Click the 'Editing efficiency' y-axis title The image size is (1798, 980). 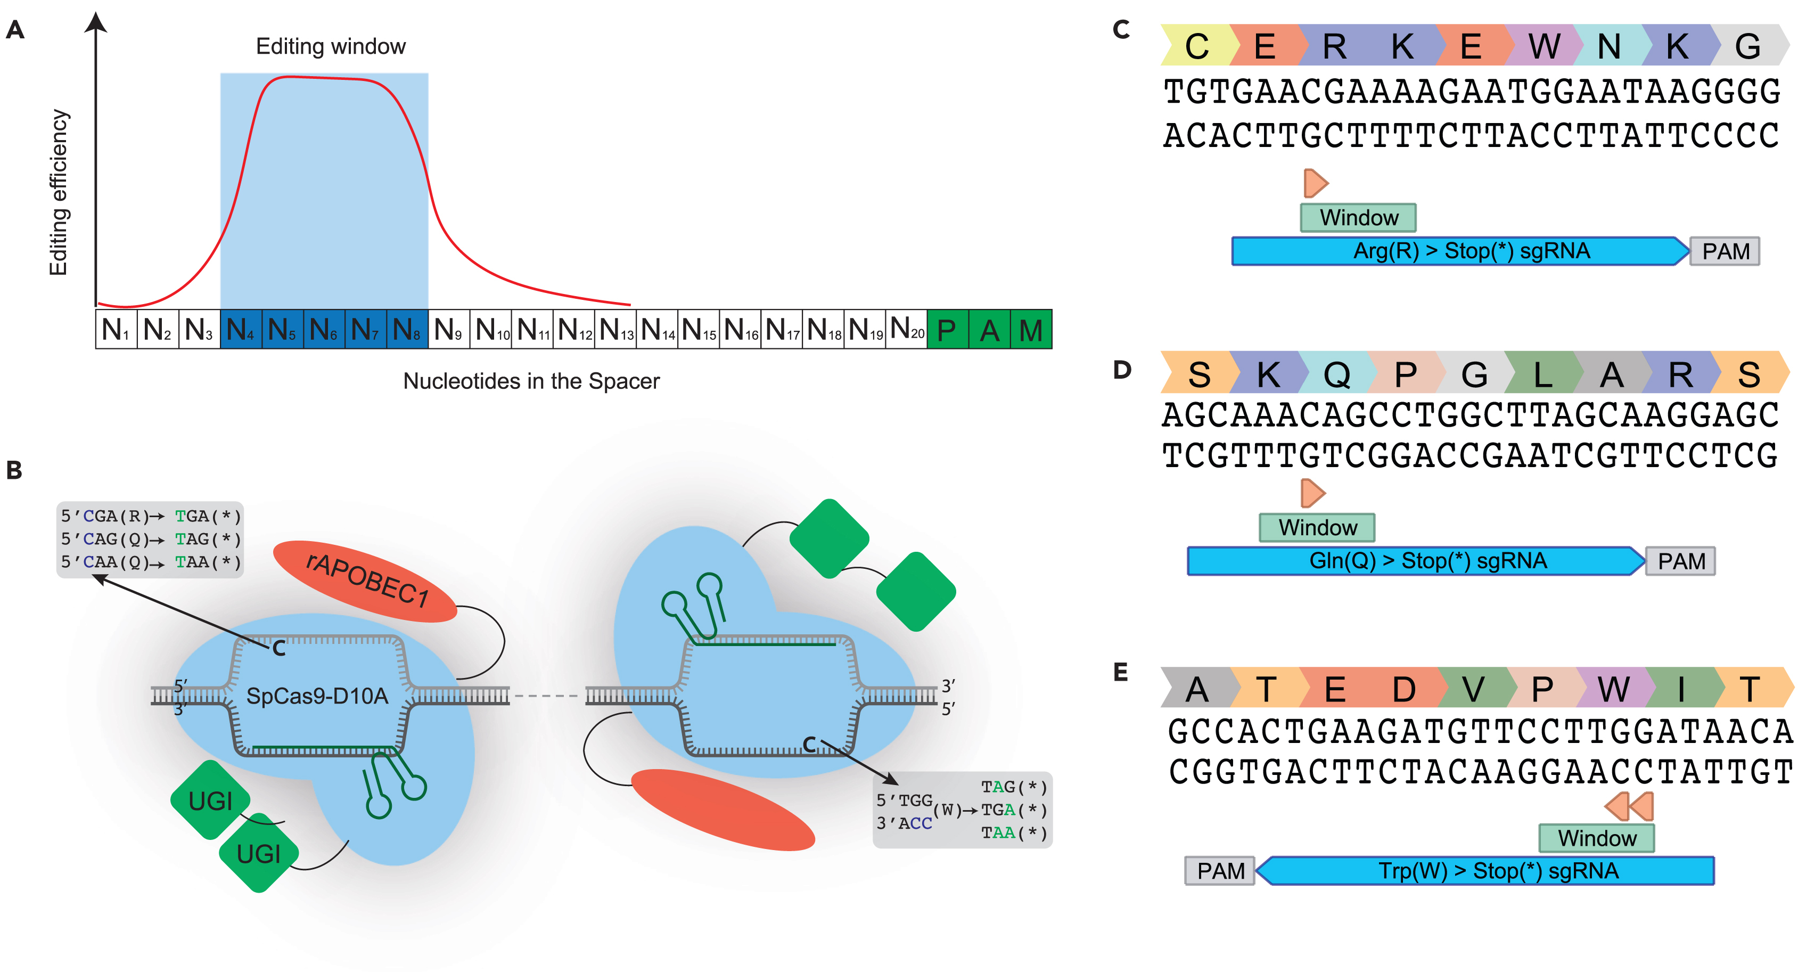click(x=59, y=192)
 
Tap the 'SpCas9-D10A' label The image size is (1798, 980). click(x=317, y=696)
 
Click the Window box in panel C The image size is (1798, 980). click(x=1358, y=218)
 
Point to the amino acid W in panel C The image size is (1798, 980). click(x=1544, y=47)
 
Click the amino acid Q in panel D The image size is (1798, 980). click(x=1336, y=375)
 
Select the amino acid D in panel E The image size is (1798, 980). click(x=1403, y=690)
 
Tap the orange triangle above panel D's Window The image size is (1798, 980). click(x=1312, y=493)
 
